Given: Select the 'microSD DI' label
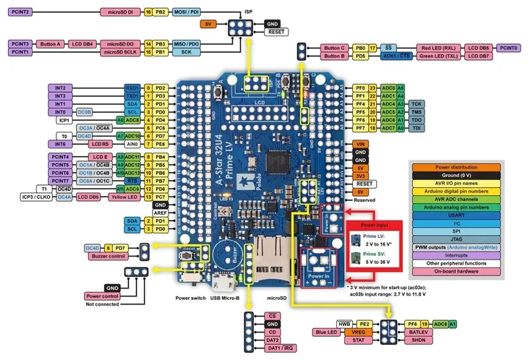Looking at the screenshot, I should point(119,13).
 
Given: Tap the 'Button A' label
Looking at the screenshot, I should point(51,43).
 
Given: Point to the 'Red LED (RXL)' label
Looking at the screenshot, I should point(436,48).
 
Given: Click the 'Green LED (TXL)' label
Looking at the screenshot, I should point(436,56).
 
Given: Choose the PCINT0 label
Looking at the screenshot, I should point(508,48).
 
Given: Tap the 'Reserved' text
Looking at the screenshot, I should point(364,200).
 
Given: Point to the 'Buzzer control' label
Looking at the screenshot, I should point(105,256).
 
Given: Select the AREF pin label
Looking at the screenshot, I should point(159,213).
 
